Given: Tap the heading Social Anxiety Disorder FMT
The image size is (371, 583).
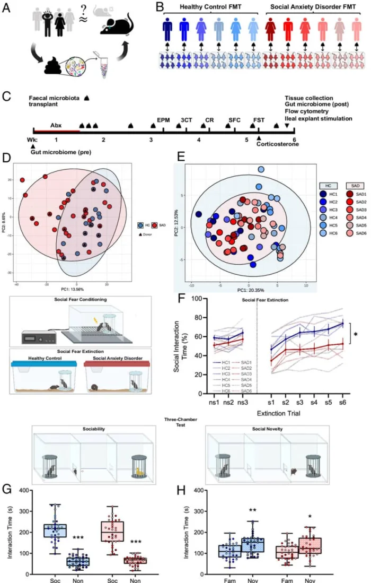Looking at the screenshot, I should tap(310, 6).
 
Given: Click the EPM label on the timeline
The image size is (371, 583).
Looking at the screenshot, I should tap(163, 120).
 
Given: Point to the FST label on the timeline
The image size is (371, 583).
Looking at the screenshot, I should tap(259, 120).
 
